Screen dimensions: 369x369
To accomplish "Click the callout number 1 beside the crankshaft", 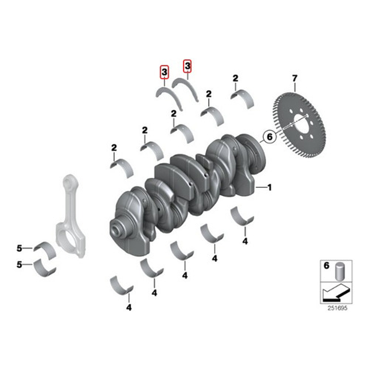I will (269, 188).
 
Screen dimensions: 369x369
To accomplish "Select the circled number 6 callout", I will (269, 137).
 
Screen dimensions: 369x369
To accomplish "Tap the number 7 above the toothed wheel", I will (295, 78).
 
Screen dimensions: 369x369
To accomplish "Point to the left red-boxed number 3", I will (164, 72).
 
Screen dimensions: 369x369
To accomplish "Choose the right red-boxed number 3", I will (187, 65).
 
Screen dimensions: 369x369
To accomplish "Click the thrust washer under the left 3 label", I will (169, 96).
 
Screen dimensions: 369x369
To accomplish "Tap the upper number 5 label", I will (20, 248).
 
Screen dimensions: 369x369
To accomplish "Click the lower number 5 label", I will (20, 264).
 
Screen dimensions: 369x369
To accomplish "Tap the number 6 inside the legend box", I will (327, 266).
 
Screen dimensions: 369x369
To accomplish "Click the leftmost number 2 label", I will (114, 148).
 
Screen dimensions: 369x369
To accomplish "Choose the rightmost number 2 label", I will (235, 78).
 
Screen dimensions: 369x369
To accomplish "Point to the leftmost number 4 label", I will (129, 308).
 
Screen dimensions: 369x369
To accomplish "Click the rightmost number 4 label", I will (245, 241).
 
